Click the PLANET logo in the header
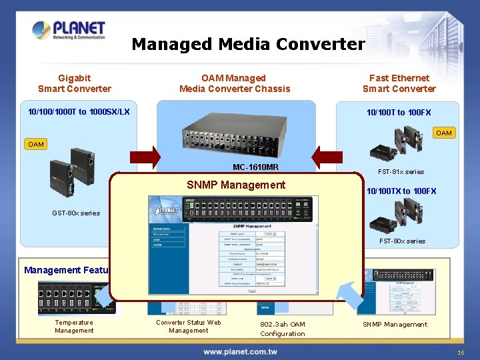(69, 31)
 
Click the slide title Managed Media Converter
(248, 45)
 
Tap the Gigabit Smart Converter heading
(75, 83)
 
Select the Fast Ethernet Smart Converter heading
(399, 83)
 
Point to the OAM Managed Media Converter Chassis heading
(235, 83)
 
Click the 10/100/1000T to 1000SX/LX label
(79, 111)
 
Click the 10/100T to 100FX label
(399, 112)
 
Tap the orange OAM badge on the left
(36, 144)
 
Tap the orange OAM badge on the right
(443, 133)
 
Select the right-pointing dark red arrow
(145, 158)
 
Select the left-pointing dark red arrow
(327, 158)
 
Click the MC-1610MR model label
(256, 167)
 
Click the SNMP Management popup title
(236, 185)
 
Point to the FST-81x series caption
(405, 171)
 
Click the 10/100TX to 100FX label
(401, 191)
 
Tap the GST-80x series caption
(76, 213)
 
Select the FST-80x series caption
(402, 241)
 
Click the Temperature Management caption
(74, 327)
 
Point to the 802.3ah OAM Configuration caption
(283, 329)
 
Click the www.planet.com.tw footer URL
(241, 351)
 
